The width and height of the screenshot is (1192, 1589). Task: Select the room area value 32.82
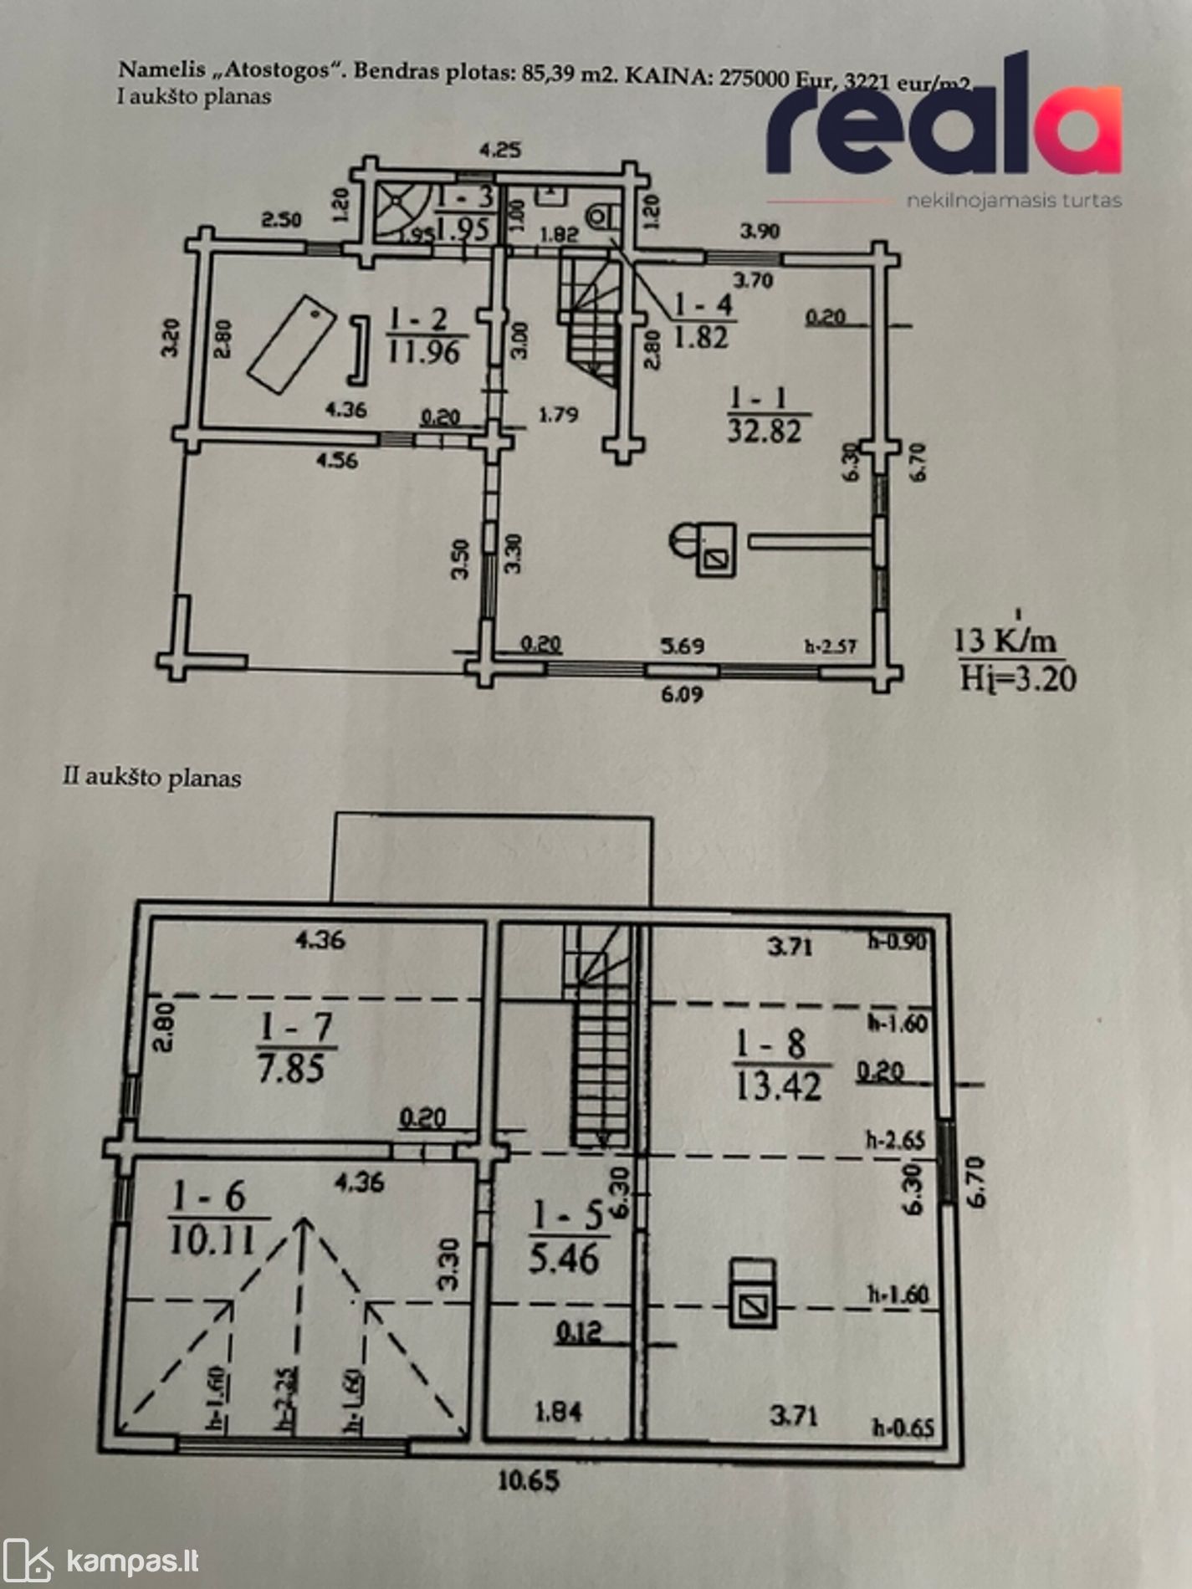pos(765,432)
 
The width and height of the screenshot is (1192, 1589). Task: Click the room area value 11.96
pos(423,352)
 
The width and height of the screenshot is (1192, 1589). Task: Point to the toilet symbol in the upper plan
pos(601,216)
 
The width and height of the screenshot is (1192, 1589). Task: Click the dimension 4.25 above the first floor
pos(499,151)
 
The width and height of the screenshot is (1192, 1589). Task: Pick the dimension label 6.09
pos(683,693)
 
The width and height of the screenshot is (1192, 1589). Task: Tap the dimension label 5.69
pos(683,646)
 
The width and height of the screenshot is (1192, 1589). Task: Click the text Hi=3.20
pos(1017,677)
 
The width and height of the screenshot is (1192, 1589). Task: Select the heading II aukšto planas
pos(152,778)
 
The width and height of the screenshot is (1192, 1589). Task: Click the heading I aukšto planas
pos(194,97)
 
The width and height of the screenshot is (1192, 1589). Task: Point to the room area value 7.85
pos(291,1070)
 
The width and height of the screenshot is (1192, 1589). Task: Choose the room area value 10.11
pos(212,1241)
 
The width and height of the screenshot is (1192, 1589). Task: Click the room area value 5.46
pos(564,1258)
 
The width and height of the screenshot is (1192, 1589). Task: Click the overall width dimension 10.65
pos(529,1480)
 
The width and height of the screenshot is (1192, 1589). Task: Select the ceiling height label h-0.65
pos(903,1427)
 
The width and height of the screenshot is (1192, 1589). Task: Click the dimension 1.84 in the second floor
pos(557,1412)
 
